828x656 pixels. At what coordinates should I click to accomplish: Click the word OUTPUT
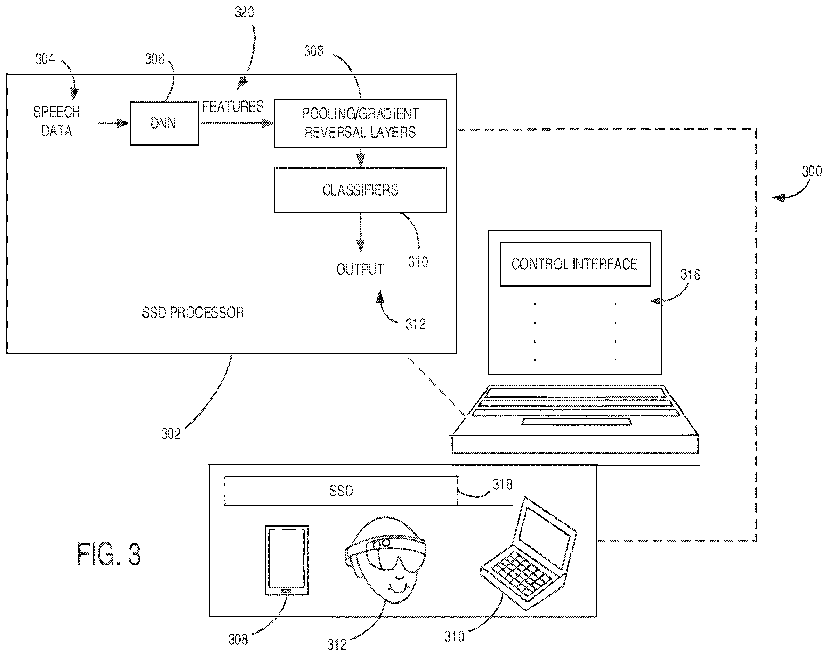[x=360, y=269]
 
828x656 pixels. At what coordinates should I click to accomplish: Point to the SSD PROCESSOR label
[x=193, y=312]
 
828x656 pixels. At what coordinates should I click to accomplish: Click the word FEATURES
[x=233, y=106]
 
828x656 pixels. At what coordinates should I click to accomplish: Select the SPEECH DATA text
[x=56, y=121]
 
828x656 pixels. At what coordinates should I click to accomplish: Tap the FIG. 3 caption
[x=109, y=553]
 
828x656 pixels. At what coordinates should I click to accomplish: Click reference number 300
[x=812, y=171]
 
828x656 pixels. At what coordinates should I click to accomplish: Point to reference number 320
[x=244, y=12]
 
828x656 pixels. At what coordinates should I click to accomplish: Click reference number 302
[x=171, y=434]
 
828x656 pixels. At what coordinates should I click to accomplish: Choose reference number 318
[x=502, y=485]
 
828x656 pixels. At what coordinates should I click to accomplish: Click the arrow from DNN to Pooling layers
[x=236, y=123]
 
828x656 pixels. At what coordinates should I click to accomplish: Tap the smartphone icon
[x=287, y=560]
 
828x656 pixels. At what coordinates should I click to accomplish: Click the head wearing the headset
[x=385, y=560]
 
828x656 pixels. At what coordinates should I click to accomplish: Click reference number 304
[x=45, y=59]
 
